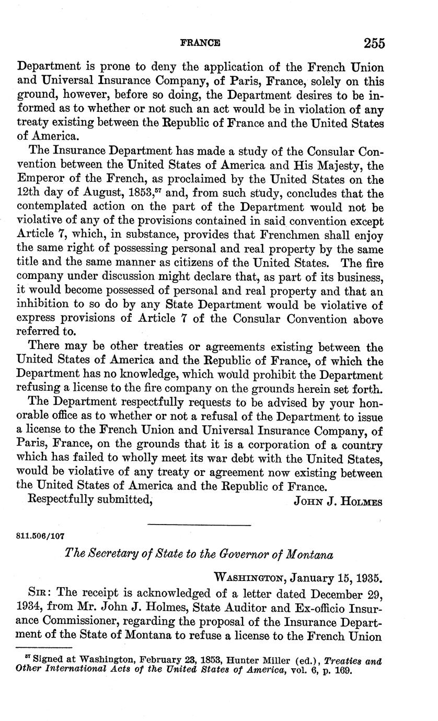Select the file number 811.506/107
point(41,536)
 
